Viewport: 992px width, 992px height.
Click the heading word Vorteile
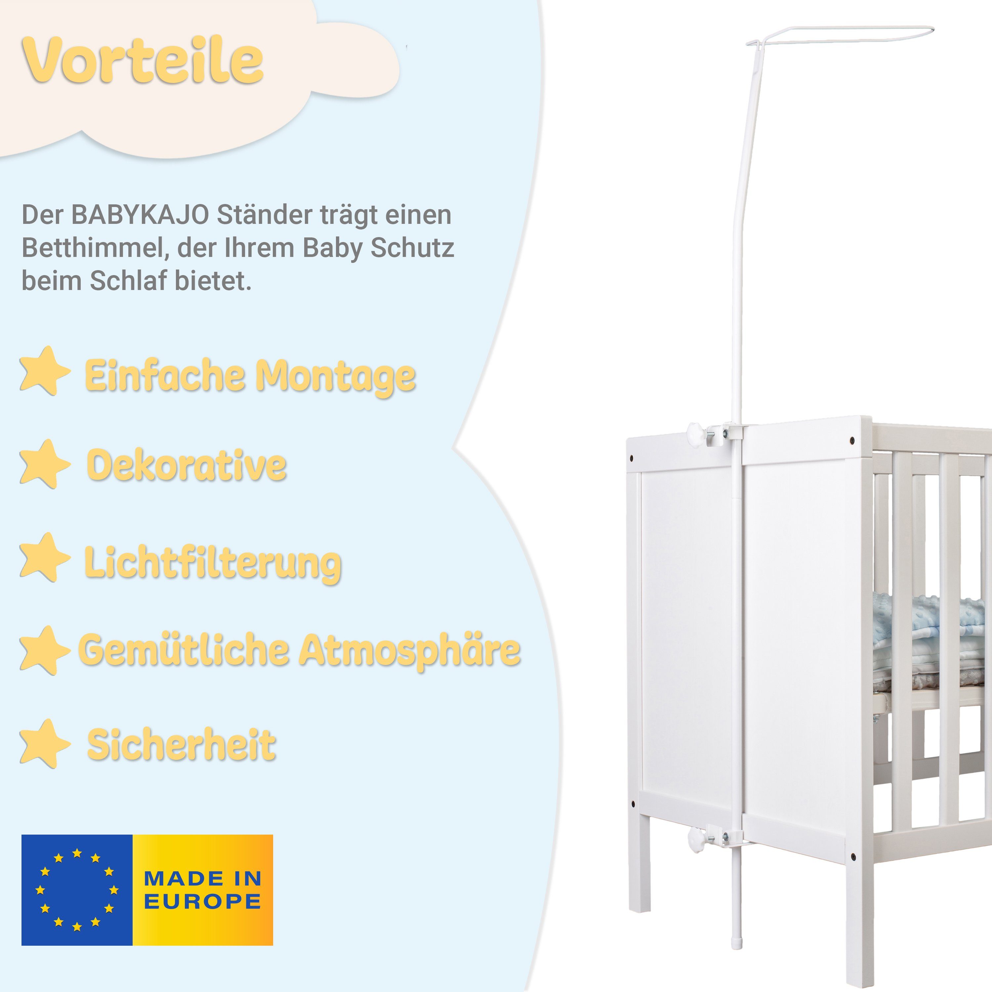143,61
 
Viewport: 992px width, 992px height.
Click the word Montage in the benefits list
336,376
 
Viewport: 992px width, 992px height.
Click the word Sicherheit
181,745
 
